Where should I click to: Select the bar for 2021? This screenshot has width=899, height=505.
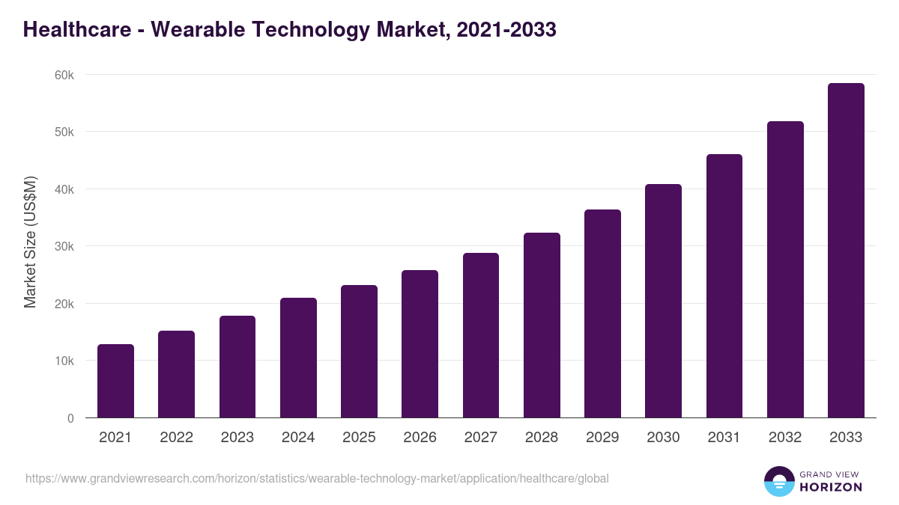point(115,381)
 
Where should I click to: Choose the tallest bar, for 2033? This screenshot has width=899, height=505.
point(846,251)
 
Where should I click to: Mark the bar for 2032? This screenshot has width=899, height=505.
point(785,269)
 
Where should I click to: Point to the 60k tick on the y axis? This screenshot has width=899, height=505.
point(64,75)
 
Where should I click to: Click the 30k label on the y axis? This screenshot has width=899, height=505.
point(64,246)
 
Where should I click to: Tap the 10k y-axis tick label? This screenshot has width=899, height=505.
point(64,361)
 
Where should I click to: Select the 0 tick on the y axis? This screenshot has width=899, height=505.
point(70,418)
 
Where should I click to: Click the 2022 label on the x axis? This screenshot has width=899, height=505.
point(176,438)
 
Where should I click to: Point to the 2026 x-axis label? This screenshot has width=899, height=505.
point(420,438)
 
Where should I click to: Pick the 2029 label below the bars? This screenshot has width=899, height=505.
point(602,438)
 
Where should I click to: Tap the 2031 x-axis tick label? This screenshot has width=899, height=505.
point(724,438)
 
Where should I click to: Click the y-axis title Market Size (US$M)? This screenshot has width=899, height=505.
point(30,242)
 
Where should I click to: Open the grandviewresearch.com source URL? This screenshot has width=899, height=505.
point(317,478)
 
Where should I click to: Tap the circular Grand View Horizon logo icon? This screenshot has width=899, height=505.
point(778,481)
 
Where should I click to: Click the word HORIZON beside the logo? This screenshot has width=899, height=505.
point(831,487)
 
